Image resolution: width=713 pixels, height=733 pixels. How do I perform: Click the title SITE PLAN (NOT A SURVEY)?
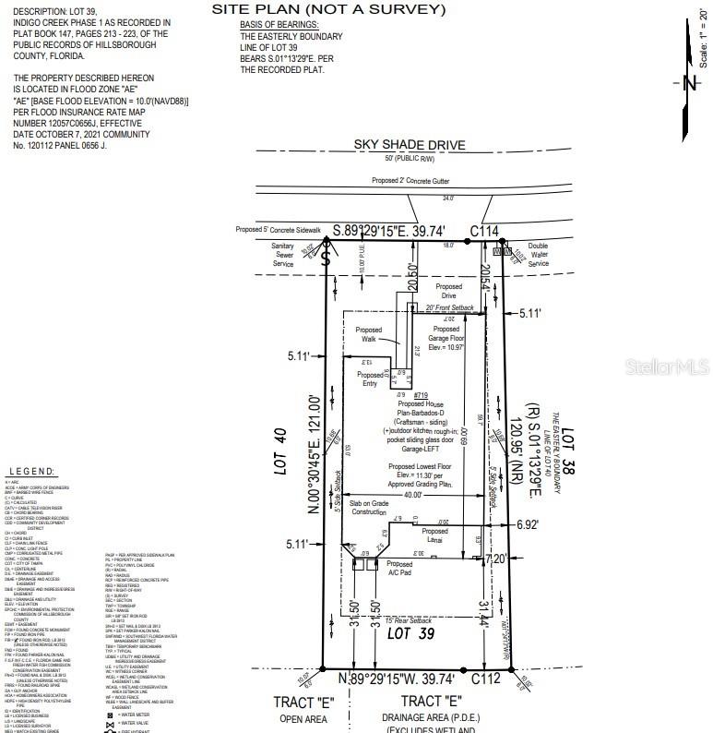pos(328,9)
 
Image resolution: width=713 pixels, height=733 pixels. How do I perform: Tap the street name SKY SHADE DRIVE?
pos(410,145)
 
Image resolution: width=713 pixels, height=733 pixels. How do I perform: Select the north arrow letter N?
pos(688,83)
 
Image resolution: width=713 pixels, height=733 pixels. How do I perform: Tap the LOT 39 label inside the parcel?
pos(410,633)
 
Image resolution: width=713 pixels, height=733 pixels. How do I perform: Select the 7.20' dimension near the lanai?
pos(496,559)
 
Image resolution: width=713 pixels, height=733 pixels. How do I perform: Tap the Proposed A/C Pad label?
pos(399,569)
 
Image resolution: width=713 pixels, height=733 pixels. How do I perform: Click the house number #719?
pos(422,395)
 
